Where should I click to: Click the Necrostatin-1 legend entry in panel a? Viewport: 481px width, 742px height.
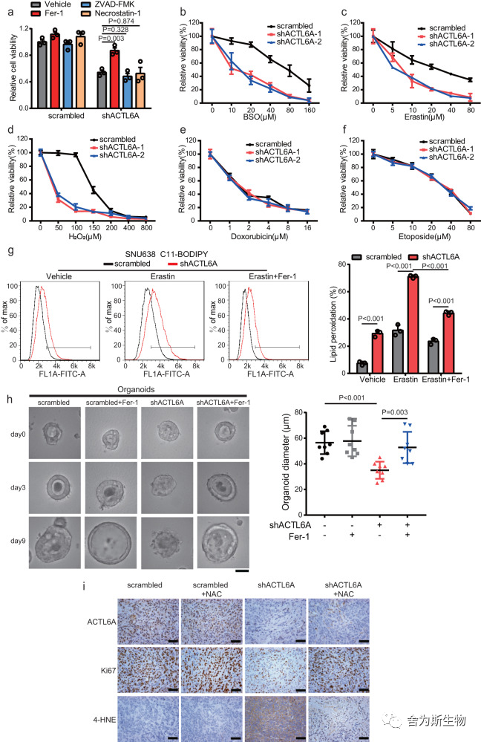(111, 13)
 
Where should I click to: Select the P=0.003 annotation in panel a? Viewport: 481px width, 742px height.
(111, 39)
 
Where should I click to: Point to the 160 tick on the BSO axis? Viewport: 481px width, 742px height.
(310, 110)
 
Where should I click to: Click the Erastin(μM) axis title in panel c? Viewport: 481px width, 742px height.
(425, 117)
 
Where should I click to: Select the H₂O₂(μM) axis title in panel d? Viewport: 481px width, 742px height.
(85, 235)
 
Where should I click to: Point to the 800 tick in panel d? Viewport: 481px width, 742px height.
(147, 227)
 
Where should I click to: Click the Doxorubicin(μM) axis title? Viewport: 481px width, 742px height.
(259, 235)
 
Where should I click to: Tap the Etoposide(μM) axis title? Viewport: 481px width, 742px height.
(425, 235)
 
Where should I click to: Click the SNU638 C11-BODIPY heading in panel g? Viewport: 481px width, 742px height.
(166, 255)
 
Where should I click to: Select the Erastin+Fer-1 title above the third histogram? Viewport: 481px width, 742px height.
(272, 276)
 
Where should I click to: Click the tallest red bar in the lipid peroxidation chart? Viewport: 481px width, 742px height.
(413, 324)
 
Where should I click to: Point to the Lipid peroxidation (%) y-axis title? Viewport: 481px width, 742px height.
(333, 324)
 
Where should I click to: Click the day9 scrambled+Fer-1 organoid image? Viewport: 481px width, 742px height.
(111, 543)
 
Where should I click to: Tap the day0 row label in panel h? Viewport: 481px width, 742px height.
(18, 434)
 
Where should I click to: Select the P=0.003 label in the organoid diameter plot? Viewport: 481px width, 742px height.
(394, 412)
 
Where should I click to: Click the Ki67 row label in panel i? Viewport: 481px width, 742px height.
(108, 671)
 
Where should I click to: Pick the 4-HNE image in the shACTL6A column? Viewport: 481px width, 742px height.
(275, 718)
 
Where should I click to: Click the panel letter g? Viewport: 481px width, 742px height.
(10, 251)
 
